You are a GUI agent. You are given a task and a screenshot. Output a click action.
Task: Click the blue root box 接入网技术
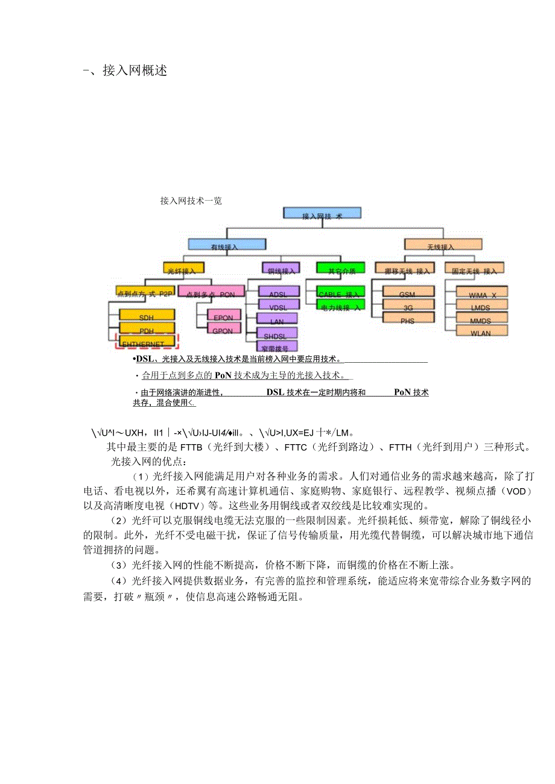tap(322, 213)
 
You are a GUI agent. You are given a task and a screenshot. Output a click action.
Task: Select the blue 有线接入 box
tap(226, 245)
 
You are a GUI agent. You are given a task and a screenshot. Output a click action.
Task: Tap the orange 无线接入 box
tap(443, 245)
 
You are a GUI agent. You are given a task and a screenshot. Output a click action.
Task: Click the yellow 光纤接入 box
tap(182, 269)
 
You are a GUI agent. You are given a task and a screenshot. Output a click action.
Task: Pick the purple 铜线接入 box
tap(281, 269)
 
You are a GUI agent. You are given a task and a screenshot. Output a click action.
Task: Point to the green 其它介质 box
tap(340, 269)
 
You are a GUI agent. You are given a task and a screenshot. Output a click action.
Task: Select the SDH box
tap(147, 315)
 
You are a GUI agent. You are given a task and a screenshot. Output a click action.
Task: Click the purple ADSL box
tap(278, 292)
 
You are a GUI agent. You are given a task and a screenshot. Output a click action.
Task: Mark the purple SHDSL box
tap(277, 334)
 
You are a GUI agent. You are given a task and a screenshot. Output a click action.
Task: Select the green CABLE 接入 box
tap(341, 292)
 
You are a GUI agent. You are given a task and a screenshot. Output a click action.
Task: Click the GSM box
tap(407, 292)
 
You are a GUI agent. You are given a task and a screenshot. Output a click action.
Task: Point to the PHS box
tap(407, 319)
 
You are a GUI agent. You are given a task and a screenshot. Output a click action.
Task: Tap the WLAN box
tap(481, 331)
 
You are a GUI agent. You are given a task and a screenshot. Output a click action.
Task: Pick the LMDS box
tap(481, 306)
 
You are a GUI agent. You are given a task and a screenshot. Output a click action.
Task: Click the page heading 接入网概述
tap(135, 71)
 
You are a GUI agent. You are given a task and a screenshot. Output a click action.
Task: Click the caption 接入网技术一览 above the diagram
tap(191, 201)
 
